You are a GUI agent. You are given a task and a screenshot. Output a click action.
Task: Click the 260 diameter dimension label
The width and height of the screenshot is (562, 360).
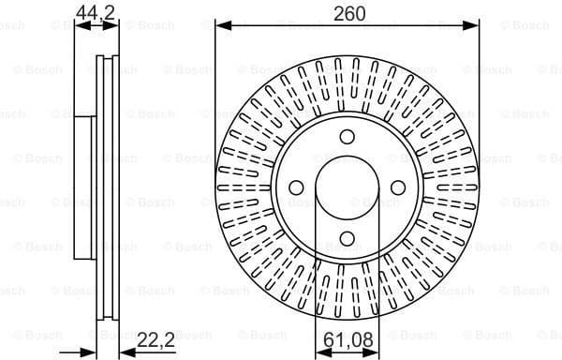[348, 12]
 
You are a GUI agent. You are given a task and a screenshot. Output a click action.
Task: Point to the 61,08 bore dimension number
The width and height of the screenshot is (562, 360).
[346, 340]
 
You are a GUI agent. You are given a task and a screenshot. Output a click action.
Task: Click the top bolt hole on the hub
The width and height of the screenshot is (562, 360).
[347, 137]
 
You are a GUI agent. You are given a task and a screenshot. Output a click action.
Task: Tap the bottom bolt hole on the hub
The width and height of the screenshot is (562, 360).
[347, 237]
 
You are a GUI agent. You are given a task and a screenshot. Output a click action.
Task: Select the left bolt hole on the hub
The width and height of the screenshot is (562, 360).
[297, 187]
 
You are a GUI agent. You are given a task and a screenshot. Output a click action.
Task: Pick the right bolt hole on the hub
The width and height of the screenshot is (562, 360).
[397, 187]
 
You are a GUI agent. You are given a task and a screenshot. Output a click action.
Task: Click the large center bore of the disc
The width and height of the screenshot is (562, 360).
[347, 187]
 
